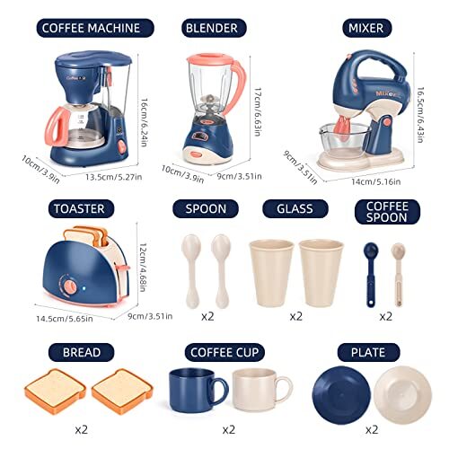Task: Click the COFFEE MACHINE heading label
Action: coord(95,28)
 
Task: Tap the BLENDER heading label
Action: coord(214,28)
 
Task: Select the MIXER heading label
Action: coord(366,28)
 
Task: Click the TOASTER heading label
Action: coord(81,208)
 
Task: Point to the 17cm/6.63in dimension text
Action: coord(258,111)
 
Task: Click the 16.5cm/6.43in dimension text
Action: coord(420,115)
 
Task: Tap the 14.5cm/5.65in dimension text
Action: coord(65,319)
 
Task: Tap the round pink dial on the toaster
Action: coord(70,286)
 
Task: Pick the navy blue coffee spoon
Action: coord(371,275)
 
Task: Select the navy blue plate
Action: coord(341,395)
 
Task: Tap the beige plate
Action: coord(402,395)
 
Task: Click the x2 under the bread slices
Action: coord(82,430)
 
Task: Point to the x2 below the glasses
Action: coord(296,316)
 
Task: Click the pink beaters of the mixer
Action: coord(343,128)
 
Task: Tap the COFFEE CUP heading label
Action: coord(224,352)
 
